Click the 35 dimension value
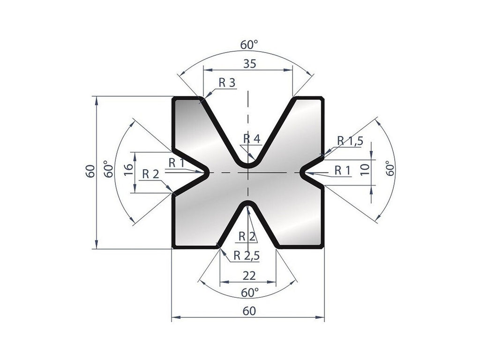point(250,65)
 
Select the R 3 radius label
point(226,82)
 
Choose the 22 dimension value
point(248,276)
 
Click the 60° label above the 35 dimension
point(249,45)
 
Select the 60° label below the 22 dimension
point(250,293)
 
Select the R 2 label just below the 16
point(150,174)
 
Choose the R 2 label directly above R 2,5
point(247,236)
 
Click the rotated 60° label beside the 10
point(388,168)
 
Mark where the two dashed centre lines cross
point(248,173)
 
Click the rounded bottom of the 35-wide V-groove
point(248,166)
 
